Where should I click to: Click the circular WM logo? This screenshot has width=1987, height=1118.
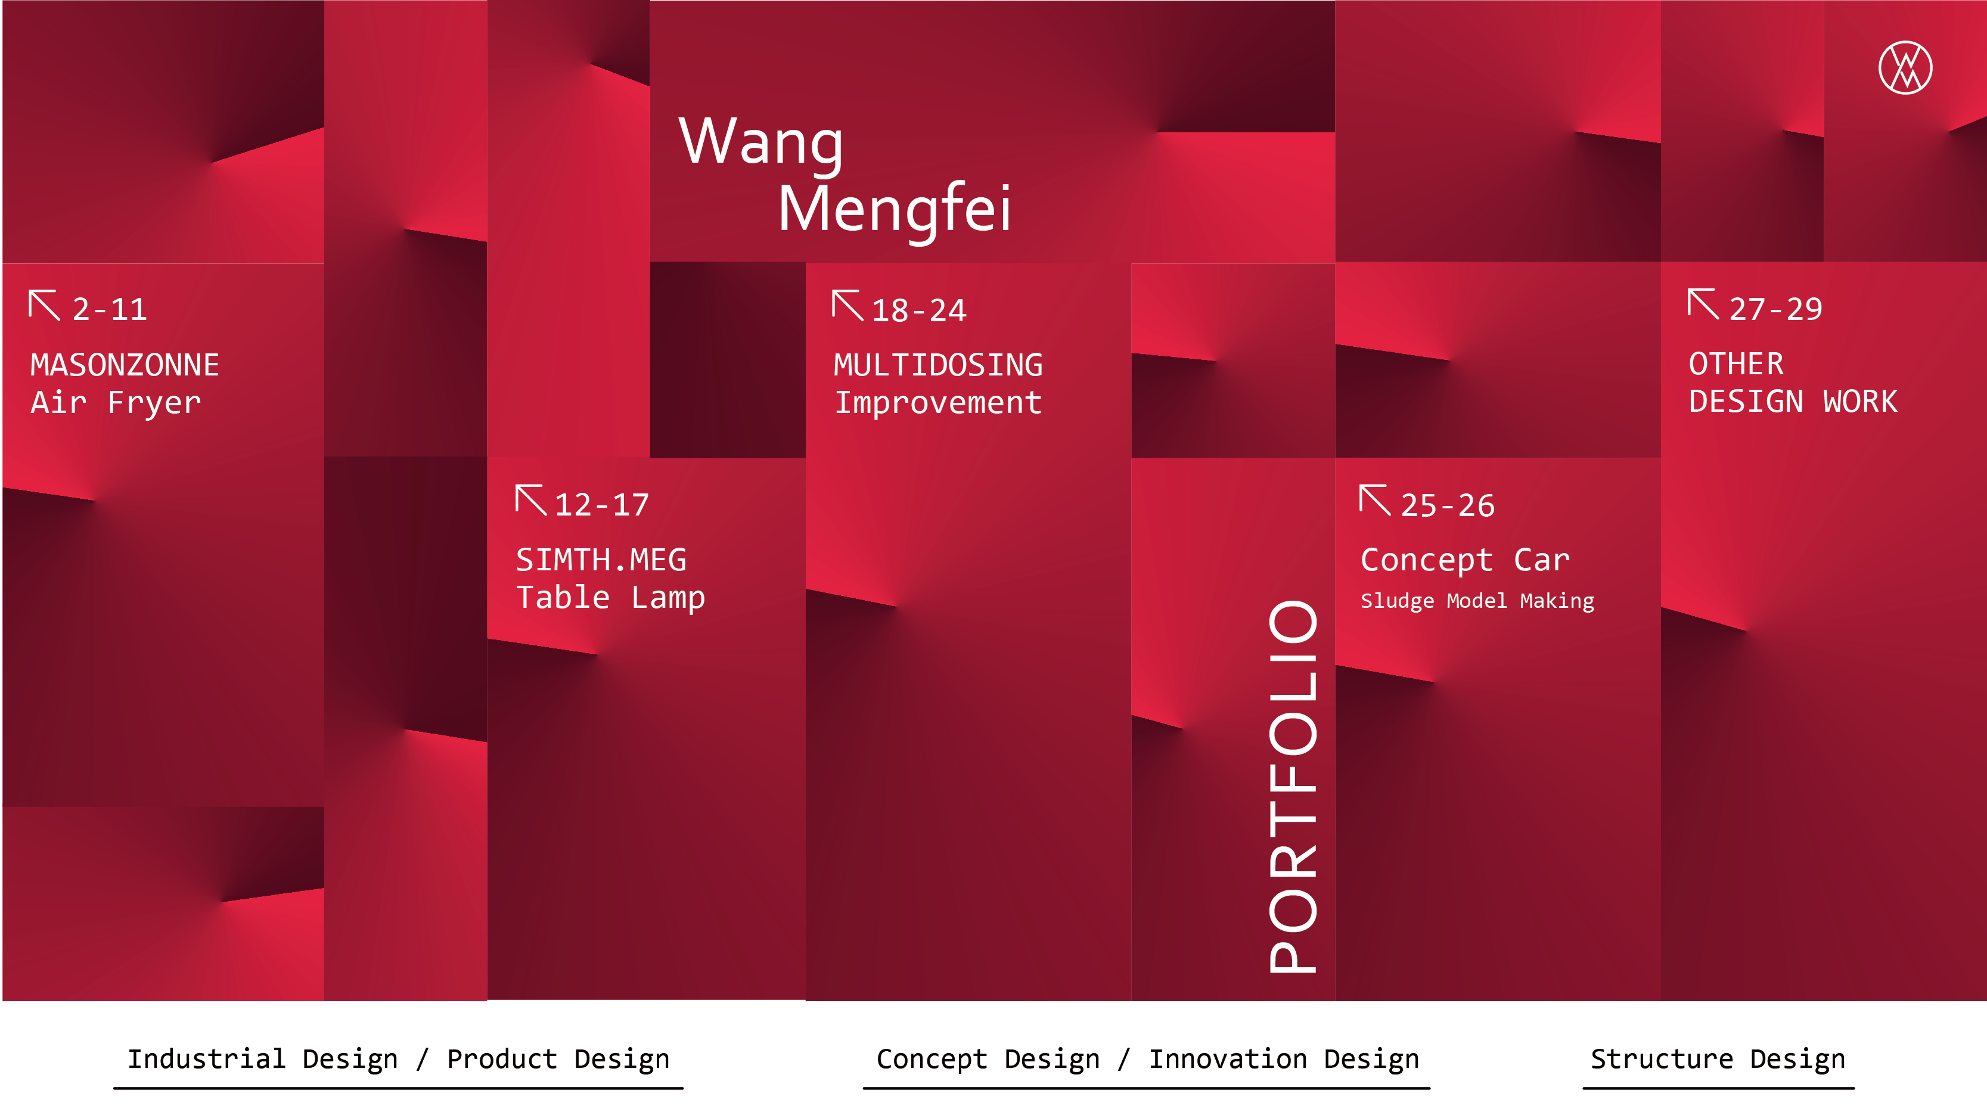coord(1905,68)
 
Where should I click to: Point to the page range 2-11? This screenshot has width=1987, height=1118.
coord(110,309)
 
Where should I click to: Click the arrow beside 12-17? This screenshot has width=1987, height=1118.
coord(530,500)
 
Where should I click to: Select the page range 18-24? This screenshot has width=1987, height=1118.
coord(918,310)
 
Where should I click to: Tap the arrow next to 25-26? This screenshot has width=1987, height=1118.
coord(1374,500)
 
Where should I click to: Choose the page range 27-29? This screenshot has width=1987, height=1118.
coord(1775,309)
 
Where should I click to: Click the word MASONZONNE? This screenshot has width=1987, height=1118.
coord(125,365)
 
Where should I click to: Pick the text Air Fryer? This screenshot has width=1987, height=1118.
coord(116,403)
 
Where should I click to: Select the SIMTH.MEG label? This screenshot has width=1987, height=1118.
coord(601,560)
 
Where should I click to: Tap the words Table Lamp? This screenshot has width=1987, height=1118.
coord(610,598)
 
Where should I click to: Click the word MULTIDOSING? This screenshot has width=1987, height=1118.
coord(938,365)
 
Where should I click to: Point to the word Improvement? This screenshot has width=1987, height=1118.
coord(938,403)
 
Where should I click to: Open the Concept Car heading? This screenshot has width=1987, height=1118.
coord(1465,560)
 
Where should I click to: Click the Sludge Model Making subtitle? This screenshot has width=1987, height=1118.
coord(1477,601)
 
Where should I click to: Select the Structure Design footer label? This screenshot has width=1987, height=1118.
coord(1718,1060)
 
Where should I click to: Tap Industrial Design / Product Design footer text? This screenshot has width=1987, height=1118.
coord(398,1060)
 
